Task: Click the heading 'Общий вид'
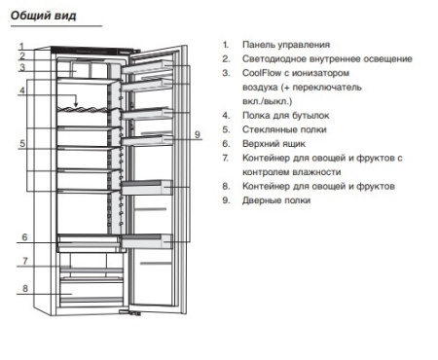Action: (43, 16)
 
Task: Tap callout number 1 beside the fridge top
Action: (21, 47)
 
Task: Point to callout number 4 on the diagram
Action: (21, 90)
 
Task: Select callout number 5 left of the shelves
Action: (22, 143)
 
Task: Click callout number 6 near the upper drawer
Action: (24, 237)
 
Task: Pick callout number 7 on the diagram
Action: (25, 261)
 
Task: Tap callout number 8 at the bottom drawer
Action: (25, 288)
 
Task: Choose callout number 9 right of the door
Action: (198, 134)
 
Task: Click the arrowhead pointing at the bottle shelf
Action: (76, 104)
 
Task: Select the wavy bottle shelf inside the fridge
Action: (83, 110)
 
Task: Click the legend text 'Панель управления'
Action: (286, 45)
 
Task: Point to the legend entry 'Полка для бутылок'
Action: (285, 116)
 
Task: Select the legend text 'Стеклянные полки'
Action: (284, 129)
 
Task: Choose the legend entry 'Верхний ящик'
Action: (274, 144)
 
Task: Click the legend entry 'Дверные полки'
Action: (276, 200)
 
